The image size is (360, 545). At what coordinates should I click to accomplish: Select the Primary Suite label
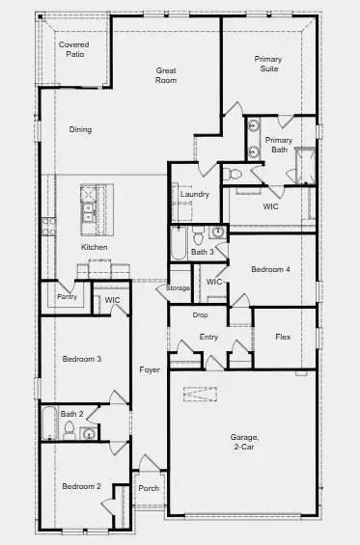click(268, 65)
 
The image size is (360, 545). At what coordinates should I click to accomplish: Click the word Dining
click(80, 129)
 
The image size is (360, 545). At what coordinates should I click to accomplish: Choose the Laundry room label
click(195, 194)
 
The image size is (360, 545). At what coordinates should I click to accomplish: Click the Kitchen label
click(95, 248)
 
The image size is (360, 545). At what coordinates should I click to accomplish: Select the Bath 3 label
click(202, 252)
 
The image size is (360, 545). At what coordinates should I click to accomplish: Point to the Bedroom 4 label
click(270, 269)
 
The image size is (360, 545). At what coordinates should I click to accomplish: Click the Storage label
click(178, 287)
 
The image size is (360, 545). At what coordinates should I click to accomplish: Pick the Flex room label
click(283, 337)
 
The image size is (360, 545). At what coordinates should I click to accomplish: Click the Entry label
click(208, 337)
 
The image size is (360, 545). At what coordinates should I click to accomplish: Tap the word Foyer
click(149, 369)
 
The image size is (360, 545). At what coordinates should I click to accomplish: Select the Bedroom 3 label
click(82, 359)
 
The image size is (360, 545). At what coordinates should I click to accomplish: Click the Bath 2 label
click(72, 414)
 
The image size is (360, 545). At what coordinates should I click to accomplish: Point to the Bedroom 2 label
click(82, 486)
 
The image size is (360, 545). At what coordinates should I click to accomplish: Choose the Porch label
click(149, 487)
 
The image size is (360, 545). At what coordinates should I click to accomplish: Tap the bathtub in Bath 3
click(179, 245)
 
